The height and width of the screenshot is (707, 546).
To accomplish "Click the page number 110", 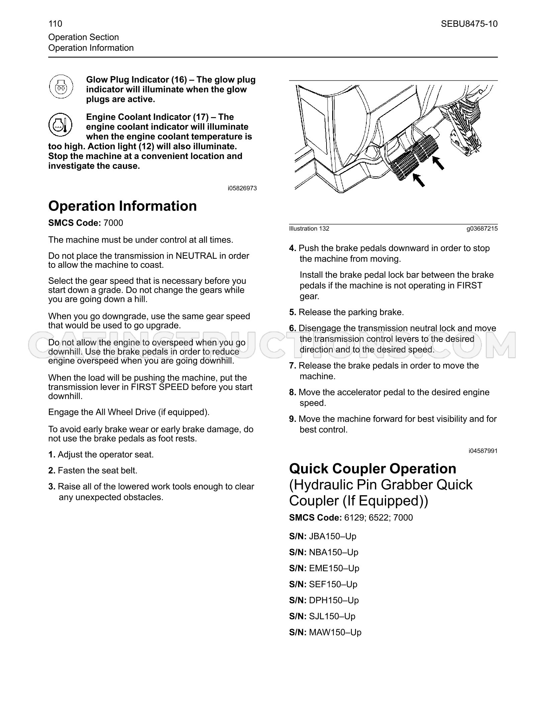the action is (x=55, y=24).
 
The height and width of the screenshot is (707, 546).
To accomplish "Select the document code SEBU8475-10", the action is (x=469, y=24).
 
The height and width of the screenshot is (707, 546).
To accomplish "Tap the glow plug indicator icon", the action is (x=61, y=87).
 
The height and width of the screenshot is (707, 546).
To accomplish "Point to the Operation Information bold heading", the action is (x=122, y=206).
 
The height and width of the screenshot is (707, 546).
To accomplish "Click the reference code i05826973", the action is (x=242, y=188).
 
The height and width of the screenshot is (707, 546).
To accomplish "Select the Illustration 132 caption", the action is (x=309, y=229).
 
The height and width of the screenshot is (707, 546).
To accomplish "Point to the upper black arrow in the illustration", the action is (x=438, y=163).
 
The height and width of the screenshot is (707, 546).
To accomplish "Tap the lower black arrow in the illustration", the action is (x=419, y=180).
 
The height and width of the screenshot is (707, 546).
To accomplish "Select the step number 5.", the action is (x=293, y=312).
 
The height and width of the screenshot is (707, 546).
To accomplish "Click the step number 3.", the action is (x=52, y=487).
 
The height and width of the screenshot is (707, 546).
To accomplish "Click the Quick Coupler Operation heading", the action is (x=373, y=469).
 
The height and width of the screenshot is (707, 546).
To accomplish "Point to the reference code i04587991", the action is (x=483, y=451).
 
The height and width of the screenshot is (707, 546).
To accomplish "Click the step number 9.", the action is (x=293, y=419).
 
